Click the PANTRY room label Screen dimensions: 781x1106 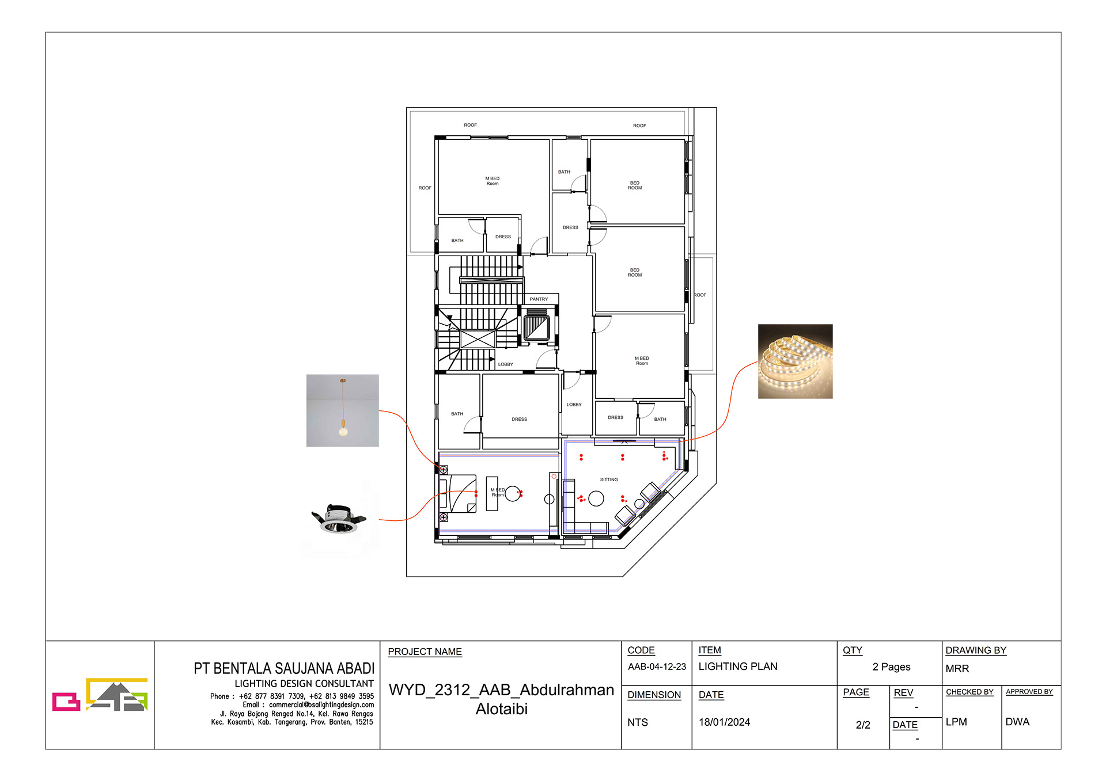[x=539, y=299]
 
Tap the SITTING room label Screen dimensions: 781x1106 [x=609, y=479]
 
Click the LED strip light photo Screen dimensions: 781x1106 [x=795, y=361]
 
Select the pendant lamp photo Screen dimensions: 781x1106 [x=343, y=410]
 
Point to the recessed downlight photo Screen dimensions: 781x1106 [x=339, y=519]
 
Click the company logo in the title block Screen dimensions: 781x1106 [x=100, y=695]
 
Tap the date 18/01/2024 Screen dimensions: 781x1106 [x=724, y=722]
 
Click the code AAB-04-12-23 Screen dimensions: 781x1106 [x=657, y=666]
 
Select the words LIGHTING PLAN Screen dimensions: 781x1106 [x=737, y=666]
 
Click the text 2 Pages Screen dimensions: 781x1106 [x=891, y=667]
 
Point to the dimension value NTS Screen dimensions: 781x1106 [x=638, y=722]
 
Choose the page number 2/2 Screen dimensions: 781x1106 [x=863, y=725]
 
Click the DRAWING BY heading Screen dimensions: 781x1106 [x=976, y=650]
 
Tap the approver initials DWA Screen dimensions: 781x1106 [x=1017, y=722]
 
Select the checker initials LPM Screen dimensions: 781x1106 [x=956, y=722]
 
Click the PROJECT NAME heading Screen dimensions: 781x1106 [x=425, y=652]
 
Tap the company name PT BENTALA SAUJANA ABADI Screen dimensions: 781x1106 [x=284, y=669]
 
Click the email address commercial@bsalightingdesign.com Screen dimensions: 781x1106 [x=321, y=704]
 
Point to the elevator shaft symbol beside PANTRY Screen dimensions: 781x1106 [x=536, y=326]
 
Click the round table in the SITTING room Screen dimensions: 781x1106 [x=596, y=498]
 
